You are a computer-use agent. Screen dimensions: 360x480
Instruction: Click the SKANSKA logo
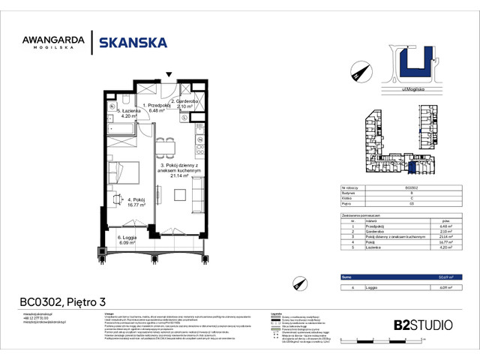click(x=133, y=43)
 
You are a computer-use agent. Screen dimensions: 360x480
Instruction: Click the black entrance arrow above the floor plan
click(x=170, y=75)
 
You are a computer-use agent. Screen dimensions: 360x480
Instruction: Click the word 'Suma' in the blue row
click(x=346, y=277)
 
